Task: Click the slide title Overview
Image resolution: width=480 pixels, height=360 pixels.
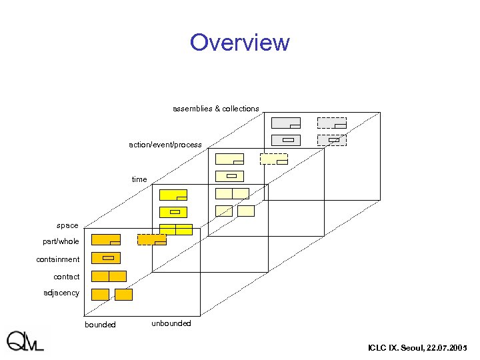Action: [x=239, y=43]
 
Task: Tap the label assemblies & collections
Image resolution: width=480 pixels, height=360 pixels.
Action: [x=215, y=109]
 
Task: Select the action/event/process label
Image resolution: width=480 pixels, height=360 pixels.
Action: [x=165, y=145]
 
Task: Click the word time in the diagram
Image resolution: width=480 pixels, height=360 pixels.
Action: [x=139, y=179]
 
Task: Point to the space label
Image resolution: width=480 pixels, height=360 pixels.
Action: [x=67, y=225]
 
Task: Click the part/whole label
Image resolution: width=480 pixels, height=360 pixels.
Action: [x=61, y=241]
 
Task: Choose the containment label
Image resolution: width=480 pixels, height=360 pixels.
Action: [x=58, y=259]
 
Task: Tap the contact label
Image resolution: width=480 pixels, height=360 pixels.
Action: [x=67, y=277]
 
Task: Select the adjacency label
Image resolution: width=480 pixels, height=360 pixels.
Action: [x=61, y=293]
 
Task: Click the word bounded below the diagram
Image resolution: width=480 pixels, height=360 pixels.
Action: [x=100, y=325]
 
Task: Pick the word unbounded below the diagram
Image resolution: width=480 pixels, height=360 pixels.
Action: [x=171, y=323]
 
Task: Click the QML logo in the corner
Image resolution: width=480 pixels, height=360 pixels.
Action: [x=25, y=341]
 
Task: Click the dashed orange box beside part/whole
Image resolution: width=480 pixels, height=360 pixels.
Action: [x=151, y=239]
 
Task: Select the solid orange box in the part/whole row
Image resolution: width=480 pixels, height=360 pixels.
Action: [x=105, y=239]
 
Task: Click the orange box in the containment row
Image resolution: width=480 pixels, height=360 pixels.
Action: [x=105, y=258]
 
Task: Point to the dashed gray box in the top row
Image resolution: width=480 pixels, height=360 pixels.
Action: [x=331, y=123]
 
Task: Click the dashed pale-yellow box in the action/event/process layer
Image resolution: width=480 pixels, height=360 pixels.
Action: [x=273, y=159]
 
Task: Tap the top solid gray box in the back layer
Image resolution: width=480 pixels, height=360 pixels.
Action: [x=285, y=123]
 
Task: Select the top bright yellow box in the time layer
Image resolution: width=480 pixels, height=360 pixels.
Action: [x=173, y=195]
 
